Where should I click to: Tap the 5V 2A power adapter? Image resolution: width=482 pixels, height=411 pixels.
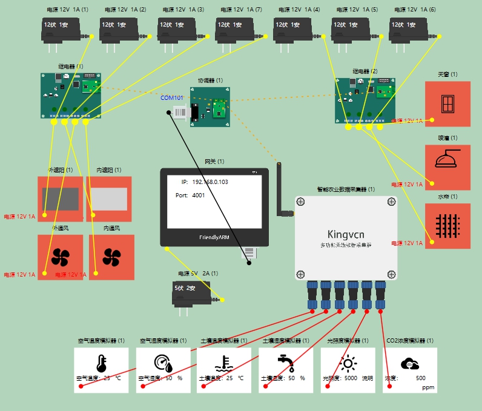191,293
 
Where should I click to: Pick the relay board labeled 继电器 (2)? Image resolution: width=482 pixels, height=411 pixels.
365,100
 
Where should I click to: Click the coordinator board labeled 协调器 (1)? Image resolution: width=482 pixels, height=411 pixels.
210,107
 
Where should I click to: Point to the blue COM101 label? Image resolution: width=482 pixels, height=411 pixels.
171,97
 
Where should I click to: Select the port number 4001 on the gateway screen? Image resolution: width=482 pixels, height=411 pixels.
199,196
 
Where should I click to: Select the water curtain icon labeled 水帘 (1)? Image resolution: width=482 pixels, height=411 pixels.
447,226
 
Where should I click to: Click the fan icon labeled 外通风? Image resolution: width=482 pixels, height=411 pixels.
60,257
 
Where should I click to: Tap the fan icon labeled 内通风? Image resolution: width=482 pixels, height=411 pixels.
111,257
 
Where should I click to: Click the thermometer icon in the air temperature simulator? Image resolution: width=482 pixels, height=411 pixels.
101,364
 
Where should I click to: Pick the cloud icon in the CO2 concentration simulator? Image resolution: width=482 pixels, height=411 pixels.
411,364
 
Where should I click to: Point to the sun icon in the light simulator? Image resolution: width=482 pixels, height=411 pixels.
348,363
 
